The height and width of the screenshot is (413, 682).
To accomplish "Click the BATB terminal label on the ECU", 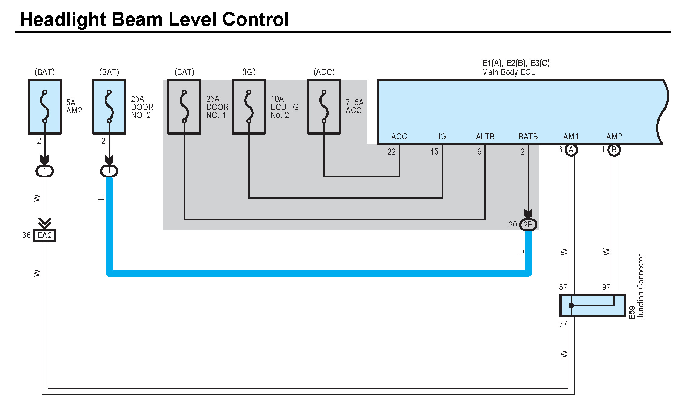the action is (x=528, y=137).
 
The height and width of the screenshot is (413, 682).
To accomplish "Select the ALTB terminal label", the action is (x=485, y=137).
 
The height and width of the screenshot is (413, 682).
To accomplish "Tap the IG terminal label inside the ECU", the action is (x=442, y=137).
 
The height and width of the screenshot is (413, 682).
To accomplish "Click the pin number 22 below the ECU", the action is (x=391, y=152).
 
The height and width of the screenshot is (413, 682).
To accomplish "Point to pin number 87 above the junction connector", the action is (x=563, y=287).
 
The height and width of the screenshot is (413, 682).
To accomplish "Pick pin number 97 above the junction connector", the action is (x=606, y=287).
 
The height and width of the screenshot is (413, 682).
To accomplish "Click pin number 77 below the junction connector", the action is (x=563, y=324).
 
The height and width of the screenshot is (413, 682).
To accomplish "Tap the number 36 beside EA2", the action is (x=26, y=235).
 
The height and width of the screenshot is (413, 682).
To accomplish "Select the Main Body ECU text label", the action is (x=509, y=72).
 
